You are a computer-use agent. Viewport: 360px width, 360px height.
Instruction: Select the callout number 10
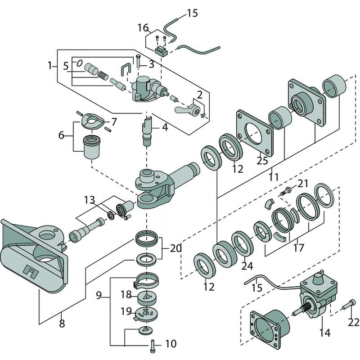tap(171, 344)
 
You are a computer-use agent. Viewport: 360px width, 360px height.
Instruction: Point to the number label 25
tap(262, 161)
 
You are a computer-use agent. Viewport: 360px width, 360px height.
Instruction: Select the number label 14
tap(324, 333)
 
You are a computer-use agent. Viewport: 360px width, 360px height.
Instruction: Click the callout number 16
tap(143, 28)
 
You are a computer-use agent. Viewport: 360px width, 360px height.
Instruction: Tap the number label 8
tap(62, 323)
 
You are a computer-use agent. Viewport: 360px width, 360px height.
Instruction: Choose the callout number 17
tap(298, 247)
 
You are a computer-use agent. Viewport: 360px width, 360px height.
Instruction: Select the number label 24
tap(247, 265)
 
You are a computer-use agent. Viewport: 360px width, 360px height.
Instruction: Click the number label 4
tap(165, 127)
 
